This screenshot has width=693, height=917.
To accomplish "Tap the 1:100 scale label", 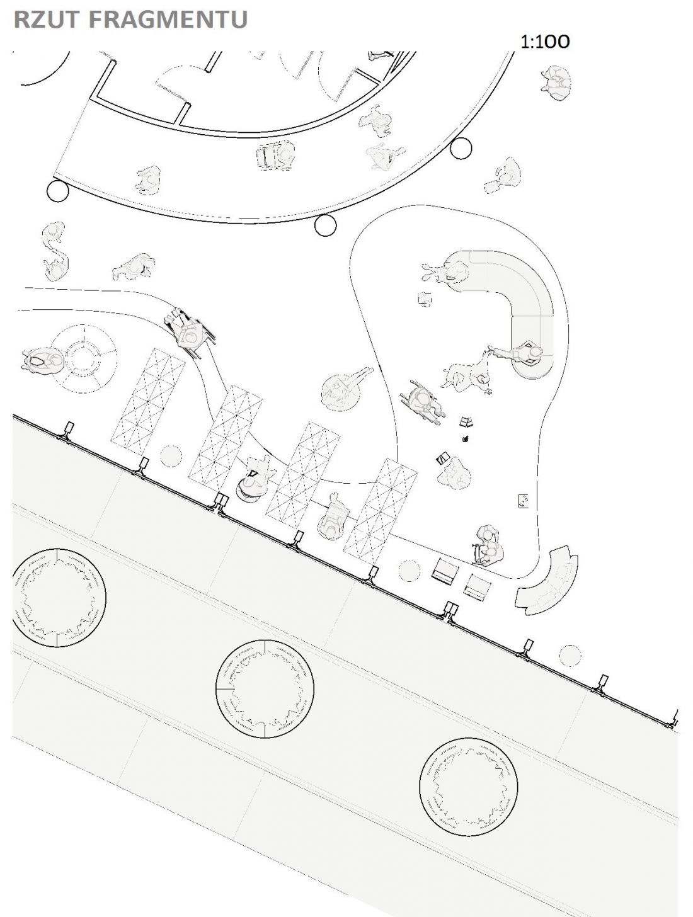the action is tap(545, 42).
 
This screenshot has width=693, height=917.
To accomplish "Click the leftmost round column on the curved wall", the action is tap(57, 191).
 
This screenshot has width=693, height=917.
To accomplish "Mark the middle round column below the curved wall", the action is tap(326, 225).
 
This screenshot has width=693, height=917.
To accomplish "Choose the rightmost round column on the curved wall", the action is tap(461, 148).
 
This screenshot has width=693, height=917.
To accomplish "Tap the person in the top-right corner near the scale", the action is tap(556, 83).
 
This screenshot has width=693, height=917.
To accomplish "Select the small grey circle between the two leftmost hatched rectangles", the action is tap(171, 456).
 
